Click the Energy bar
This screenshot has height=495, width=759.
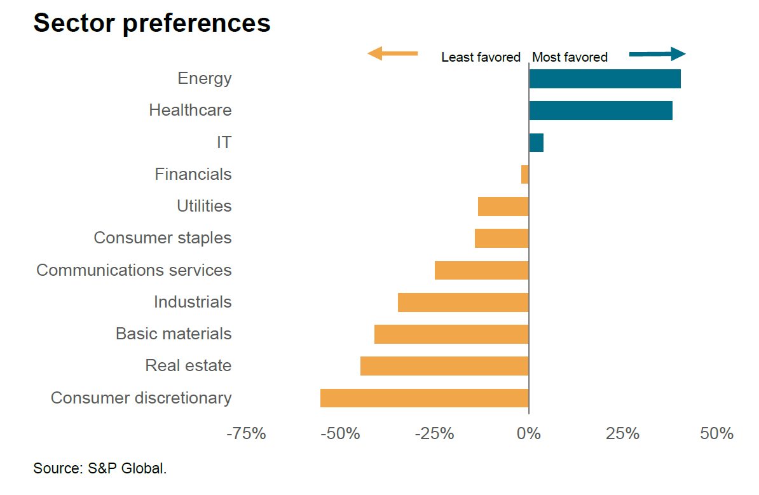tap(605, 79)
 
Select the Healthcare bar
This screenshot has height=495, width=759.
tap(601, 111)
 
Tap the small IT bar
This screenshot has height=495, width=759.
tap(536, 142)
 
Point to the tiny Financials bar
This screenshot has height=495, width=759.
tap(525, 174)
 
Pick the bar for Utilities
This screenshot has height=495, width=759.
tap(503, 207)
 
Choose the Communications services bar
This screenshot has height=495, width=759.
tap(482, 270)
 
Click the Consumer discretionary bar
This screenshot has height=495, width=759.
tap(425, 398)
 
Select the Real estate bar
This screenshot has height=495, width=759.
tap(444, 366)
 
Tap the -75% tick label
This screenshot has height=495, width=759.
tap(246, 434)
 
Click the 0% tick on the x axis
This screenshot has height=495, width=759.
tap(529, 434)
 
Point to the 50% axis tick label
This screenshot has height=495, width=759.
tap(716, 434)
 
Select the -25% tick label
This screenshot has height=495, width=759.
tap(435, 434)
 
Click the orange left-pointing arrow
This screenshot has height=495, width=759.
tap(392, 53)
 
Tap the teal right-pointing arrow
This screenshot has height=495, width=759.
tap(657, 54)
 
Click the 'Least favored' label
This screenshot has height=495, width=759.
tap(481, 57)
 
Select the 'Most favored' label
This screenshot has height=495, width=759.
tap(570, 57)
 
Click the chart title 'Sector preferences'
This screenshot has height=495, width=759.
tap(152, 23)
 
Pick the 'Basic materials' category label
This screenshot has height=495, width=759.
tap(174, 334)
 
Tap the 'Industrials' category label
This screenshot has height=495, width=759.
tap(193, 302)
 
